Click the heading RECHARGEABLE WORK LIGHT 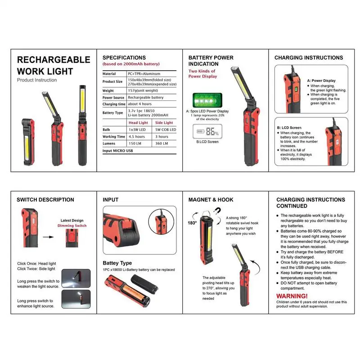click(x=53, y=65)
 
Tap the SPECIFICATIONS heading click(x=124, y=58)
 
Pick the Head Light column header click(x=138, y=122)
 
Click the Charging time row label click(x=114, y=104)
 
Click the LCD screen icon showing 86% click(x=207, y=132)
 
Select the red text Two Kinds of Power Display click(x=202, y=74)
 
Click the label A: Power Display click(x=322, y=81)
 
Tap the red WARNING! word click(x=292, y=296)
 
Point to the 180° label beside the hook click(x=192, y=222)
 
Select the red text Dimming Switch click(x=72, y=225)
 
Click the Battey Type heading click(x=117, y=263)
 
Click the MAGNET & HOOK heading click(x=211, y=199)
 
